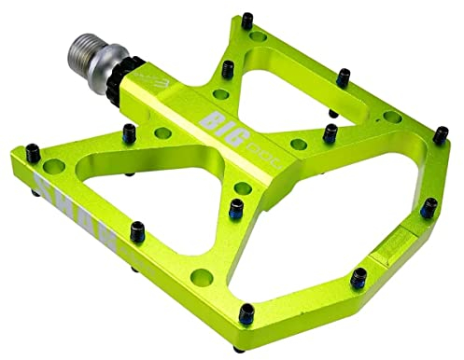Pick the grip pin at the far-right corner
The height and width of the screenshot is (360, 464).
click(428, 207)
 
